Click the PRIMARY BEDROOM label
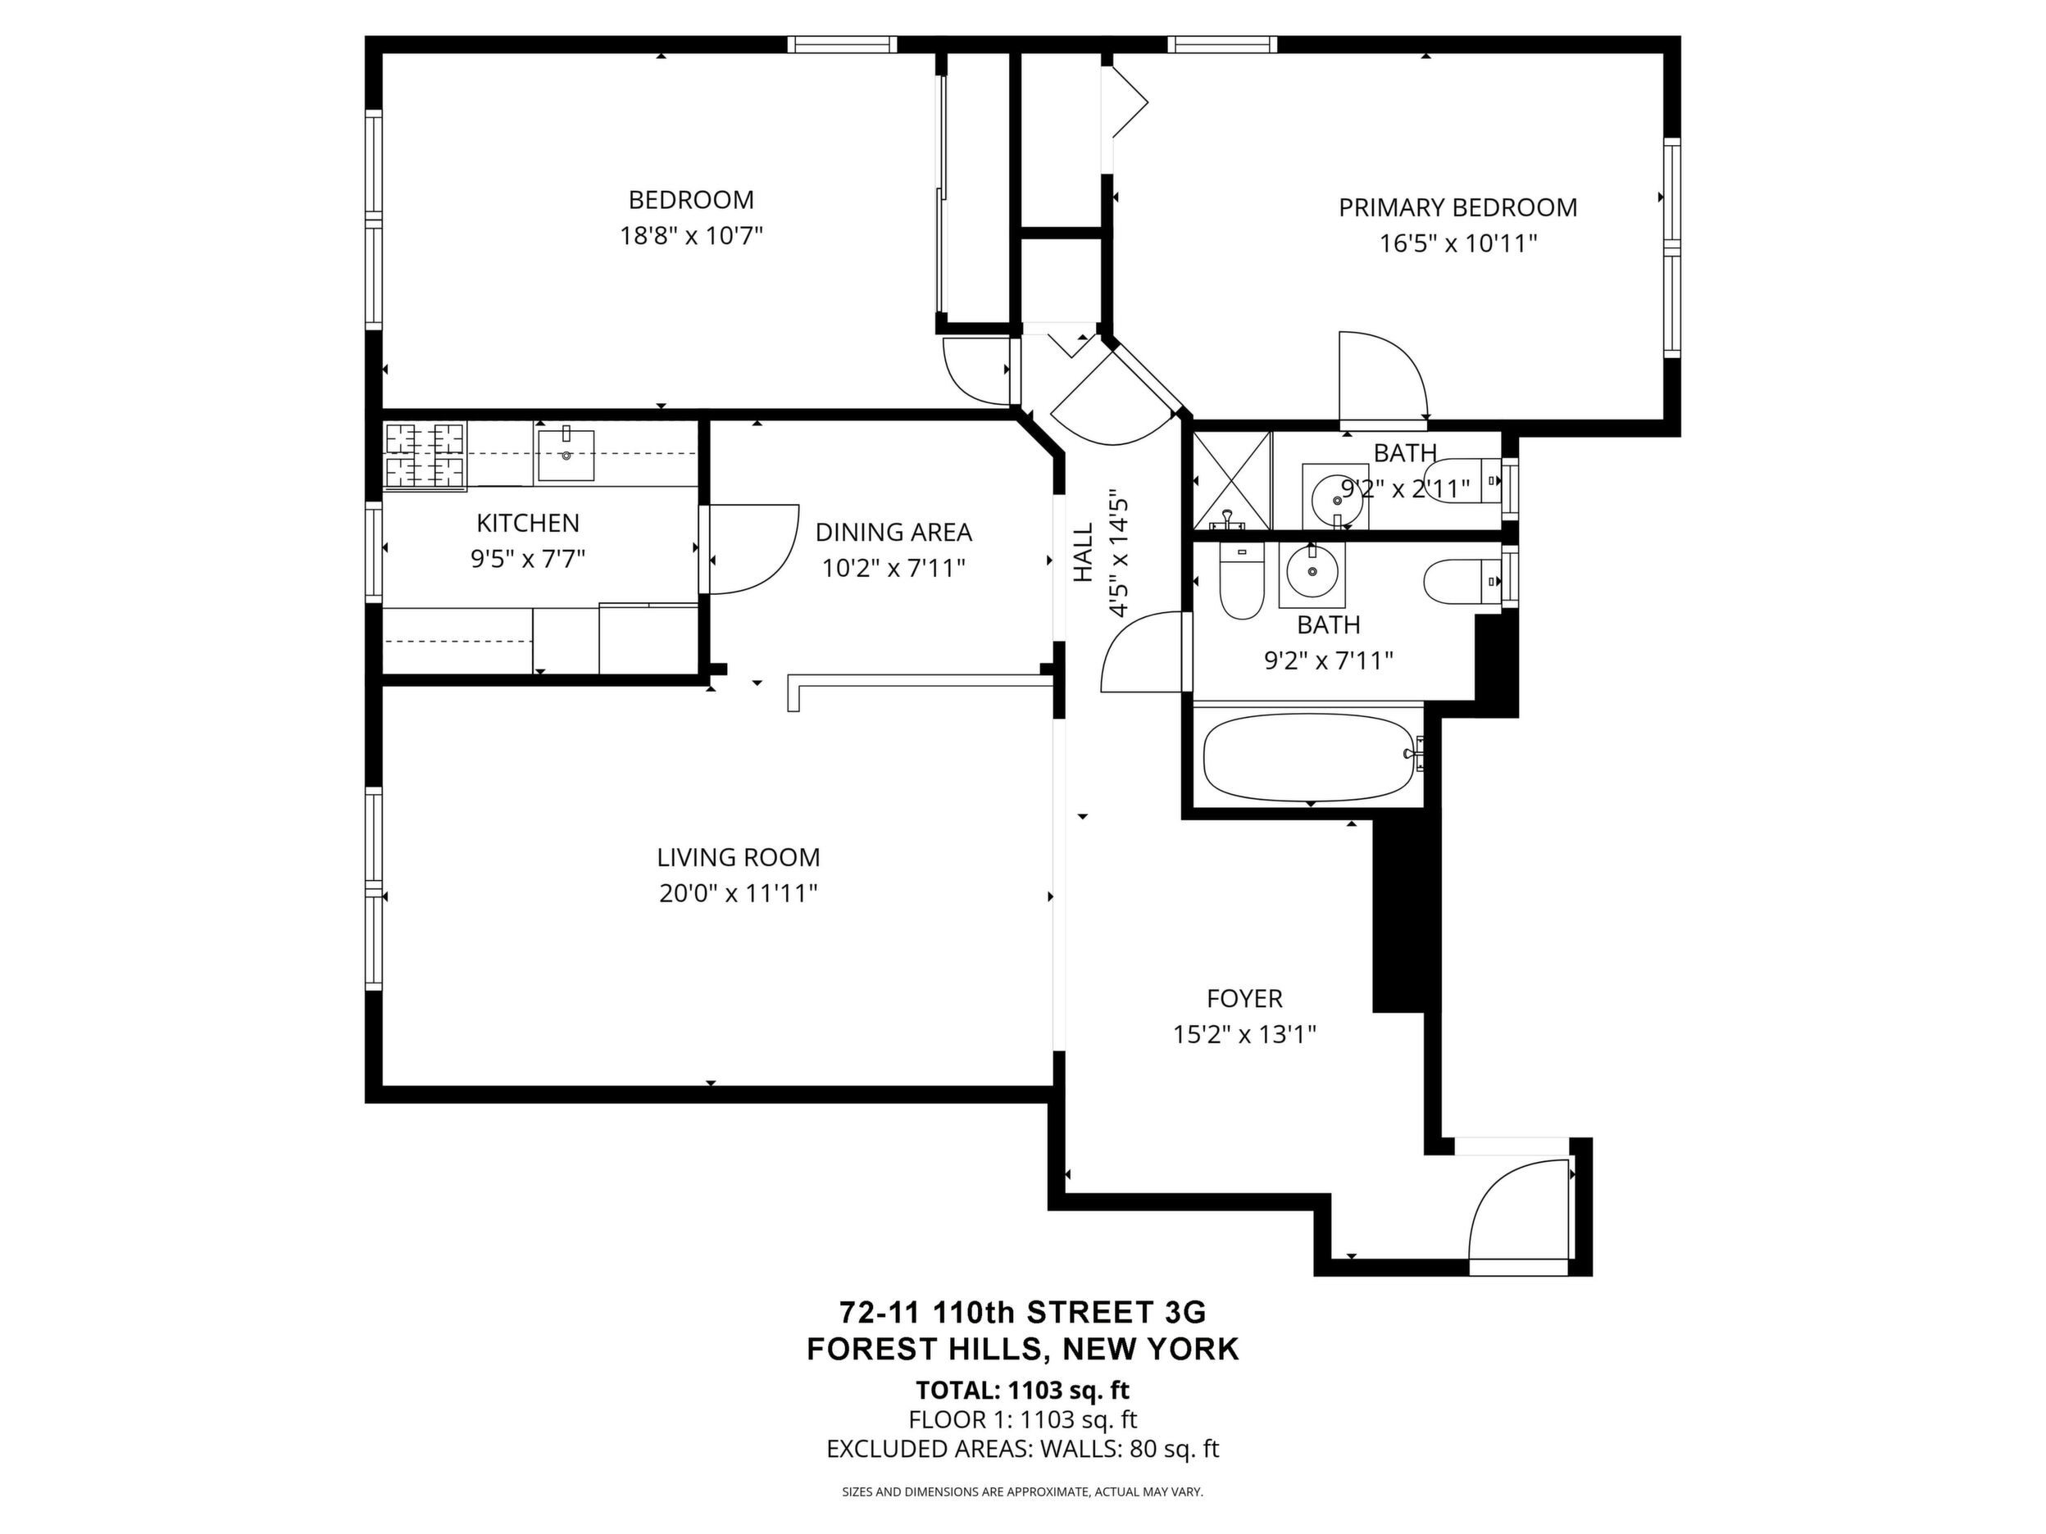click(x=1457, y=207)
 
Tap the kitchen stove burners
click(x=425, y=454)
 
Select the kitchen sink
click(x=565, y=453)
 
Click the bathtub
click(x=1312, y=757)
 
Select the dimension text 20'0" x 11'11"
click(x=738, y=894)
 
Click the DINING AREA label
click(x=893, y=533)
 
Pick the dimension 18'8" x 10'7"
click(x=691, y=236)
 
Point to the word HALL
click(x=1083, y=553)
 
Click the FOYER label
click(x=1244, y=999)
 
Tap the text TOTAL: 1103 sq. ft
click(x=1023, y=1390)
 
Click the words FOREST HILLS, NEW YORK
click(x=1023, y=1349)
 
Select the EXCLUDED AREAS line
click(x=1023, y=1449)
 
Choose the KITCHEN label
click(x=528, y=524)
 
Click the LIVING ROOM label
click(x=738, y=857)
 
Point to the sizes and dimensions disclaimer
click(x=1022, y=1491)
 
